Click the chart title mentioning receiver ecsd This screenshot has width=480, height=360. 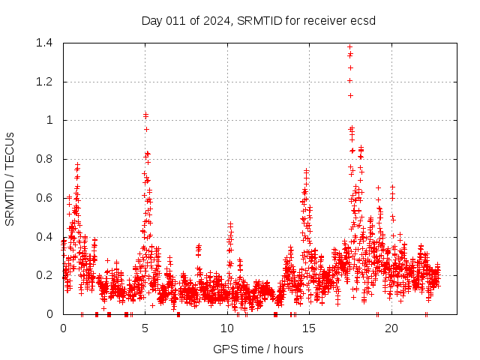258,20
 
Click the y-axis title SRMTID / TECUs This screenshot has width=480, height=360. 10,178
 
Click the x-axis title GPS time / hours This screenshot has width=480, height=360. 258,349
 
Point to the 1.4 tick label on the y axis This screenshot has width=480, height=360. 43,43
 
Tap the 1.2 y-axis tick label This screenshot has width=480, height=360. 43,82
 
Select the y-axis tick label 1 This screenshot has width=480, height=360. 49,120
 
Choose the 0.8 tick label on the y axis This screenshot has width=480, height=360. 43,159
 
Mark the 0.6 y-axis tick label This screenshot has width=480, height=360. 43,198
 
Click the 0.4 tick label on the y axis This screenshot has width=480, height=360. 43,236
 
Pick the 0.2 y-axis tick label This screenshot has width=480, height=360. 43,275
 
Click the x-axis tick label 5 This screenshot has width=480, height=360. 145,328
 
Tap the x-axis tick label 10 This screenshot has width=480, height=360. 227,328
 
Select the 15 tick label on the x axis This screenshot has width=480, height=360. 310,328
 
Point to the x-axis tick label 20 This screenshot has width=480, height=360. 391,328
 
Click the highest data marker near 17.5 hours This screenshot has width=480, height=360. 349,47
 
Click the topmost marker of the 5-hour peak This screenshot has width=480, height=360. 145,114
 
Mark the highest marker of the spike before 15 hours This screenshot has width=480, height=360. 306,170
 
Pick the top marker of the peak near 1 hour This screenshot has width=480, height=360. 77,163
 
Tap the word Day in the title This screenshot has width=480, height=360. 151,20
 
